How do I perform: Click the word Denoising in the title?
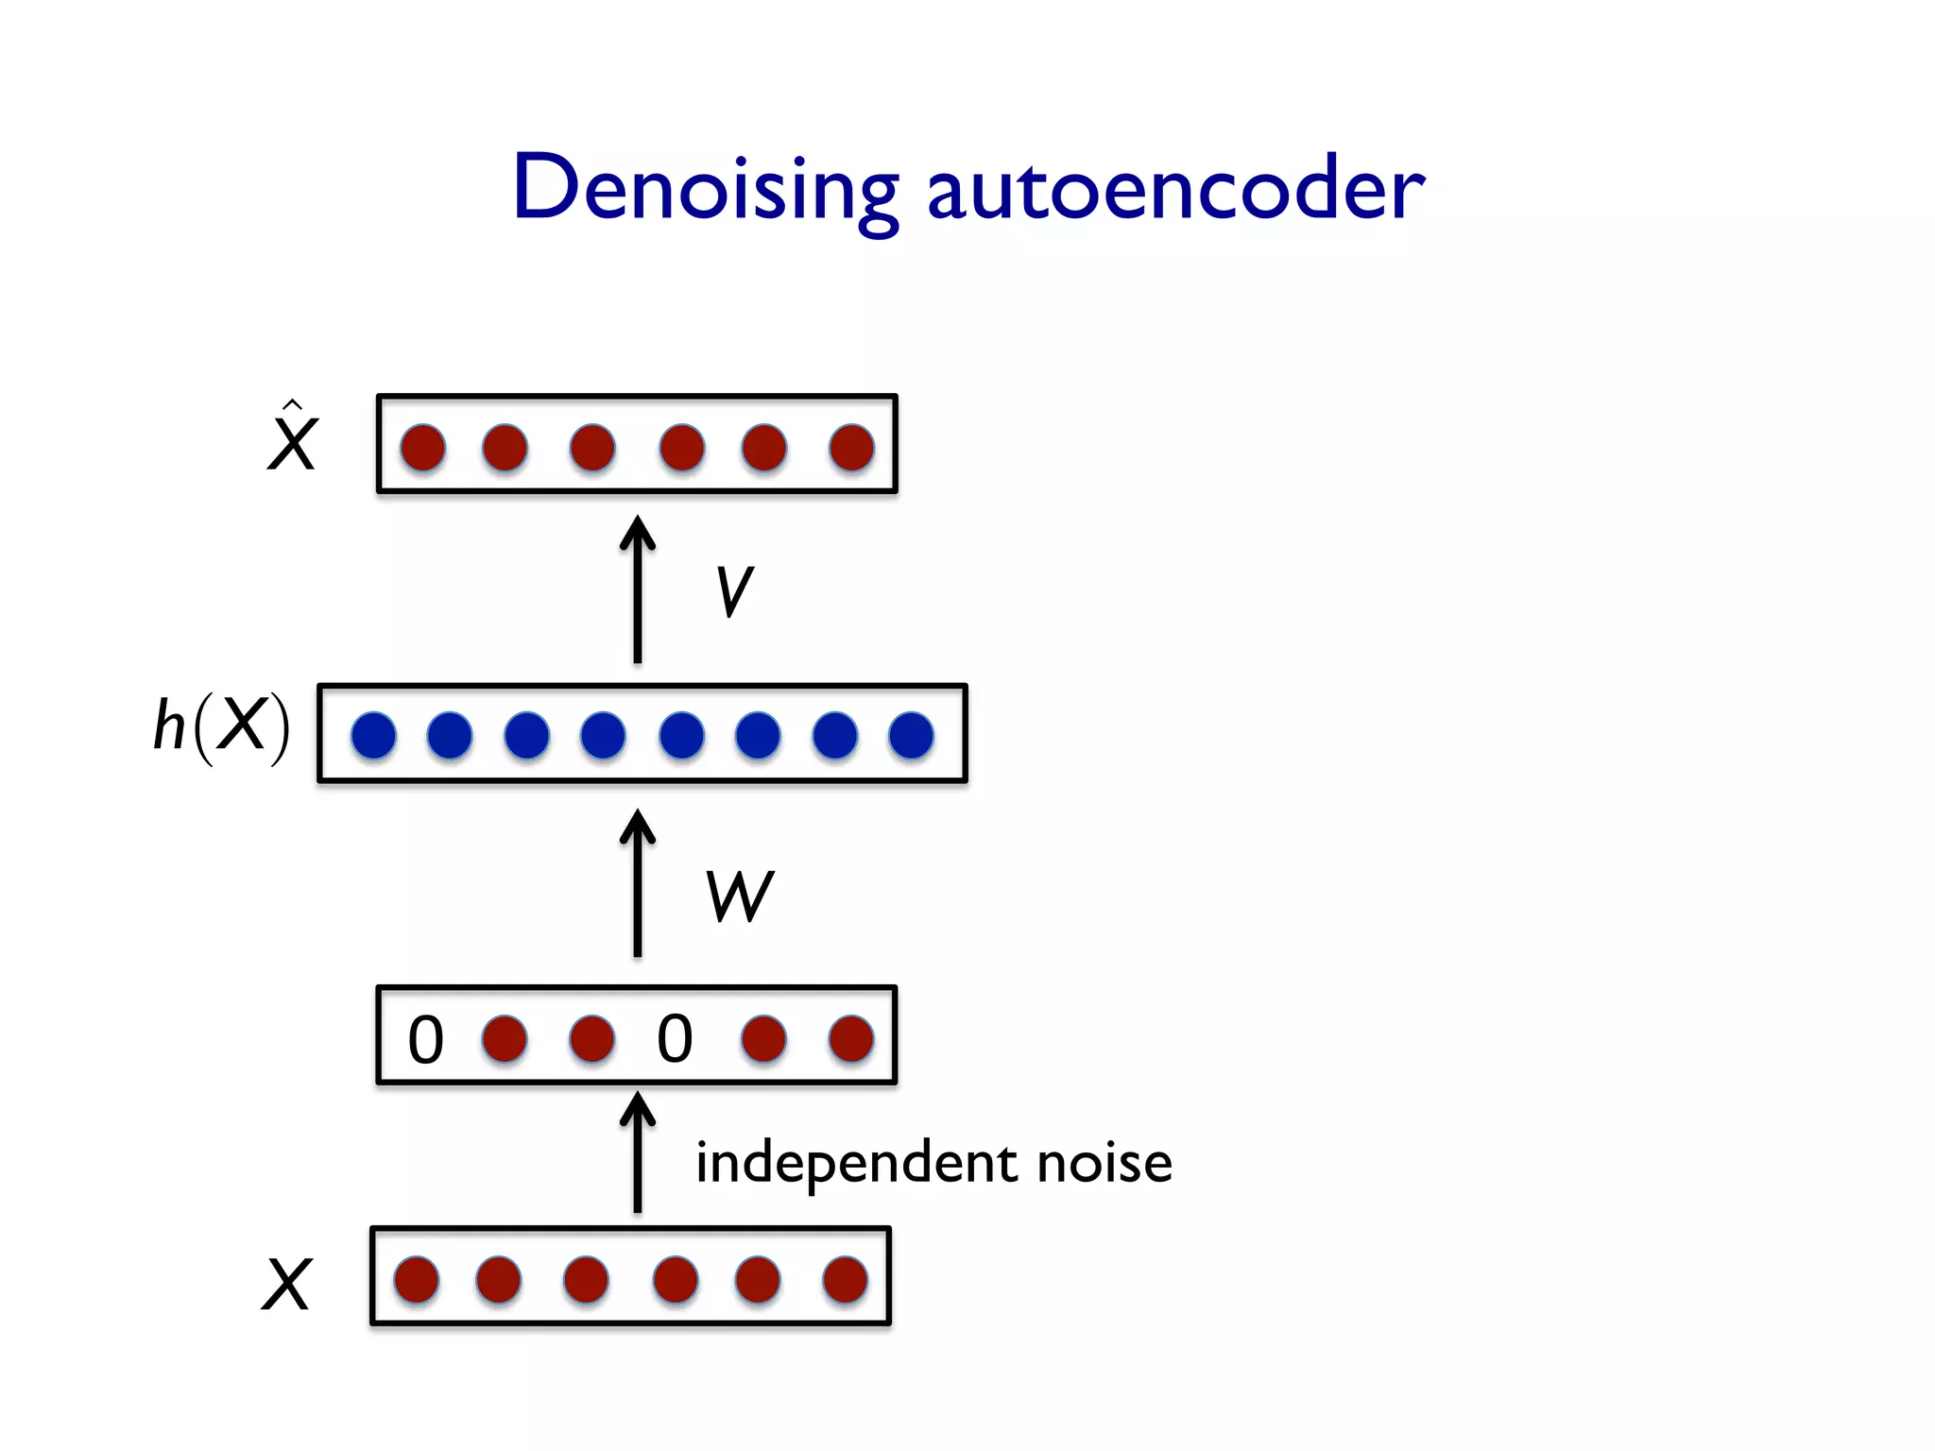click(704, 189)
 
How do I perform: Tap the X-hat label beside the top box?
click(292, 440)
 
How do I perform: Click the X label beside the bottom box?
click(285, 1285)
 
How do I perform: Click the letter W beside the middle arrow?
click(739, 896)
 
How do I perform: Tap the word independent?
click(856, 1163)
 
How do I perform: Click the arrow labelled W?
click(638, 882)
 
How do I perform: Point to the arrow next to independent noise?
click(638, 1152)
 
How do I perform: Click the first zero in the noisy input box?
click(425, 1039)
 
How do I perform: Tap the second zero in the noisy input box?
click(675, 1039)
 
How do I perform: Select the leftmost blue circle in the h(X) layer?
click(373, 735)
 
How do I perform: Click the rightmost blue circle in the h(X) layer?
click(911, 735)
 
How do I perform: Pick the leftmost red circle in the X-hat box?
click(422, 447)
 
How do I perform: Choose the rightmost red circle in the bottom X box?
click(845, 1280)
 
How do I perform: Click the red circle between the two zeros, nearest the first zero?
click(505, 1039)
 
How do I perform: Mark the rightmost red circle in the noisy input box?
click(850, 1039)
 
